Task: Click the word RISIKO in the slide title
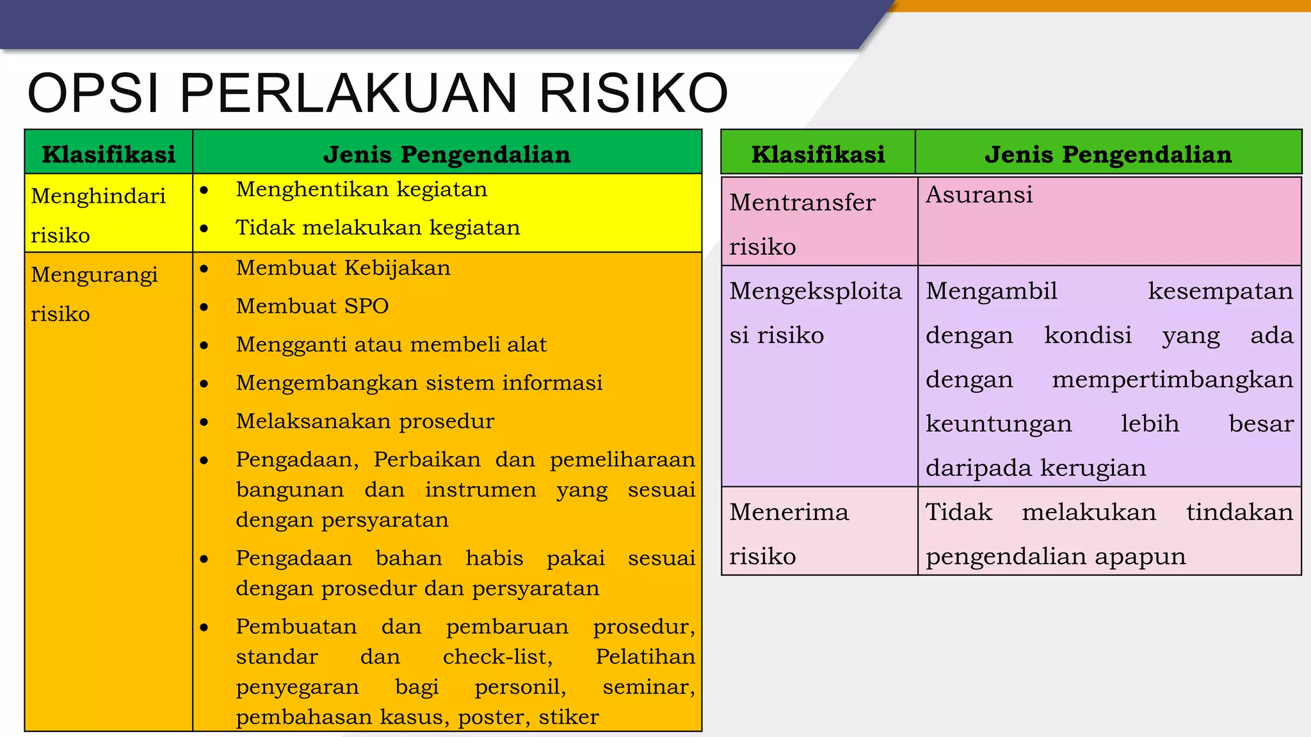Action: tap(634, 93)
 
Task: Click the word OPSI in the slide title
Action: tap(93, 93)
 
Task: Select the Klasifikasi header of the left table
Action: tap(108, 154)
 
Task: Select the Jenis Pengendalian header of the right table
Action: tap(1108, 154)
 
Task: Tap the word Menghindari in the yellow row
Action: tap(98, 196)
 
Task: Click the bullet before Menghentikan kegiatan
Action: tap(204, 190)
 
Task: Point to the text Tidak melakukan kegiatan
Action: tap(378, 228)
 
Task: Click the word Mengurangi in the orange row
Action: tap(94, 274)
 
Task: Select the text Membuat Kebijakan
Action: tap(343, 267)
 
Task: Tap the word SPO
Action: tap(366, 306)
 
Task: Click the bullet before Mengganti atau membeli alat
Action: tap(204, 345)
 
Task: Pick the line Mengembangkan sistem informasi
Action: tap(419, 383)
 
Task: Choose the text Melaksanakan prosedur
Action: tap(365, 421)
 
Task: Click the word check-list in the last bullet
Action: tap(497, 656)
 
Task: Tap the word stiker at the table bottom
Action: tap(568, 717)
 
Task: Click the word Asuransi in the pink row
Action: tap(979, 194)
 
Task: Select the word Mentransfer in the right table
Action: tap(802, 203)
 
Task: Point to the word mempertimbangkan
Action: tap(1172, 379)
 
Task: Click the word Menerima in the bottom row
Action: tap(789, 512)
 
